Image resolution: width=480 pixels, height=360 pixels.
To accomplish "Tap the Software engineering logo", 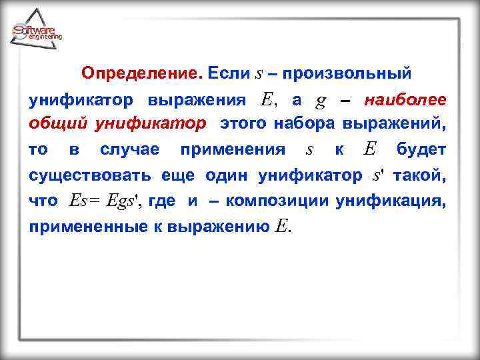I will (37, 31).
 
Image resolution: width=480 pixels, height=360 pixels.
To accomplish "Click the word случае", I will (129, 149).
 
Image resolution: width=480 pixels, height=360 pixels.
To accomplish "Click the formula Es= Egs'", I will (106, 201).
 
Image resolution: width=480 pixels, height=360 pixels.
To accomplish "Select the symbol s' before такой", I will (377, 176).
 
